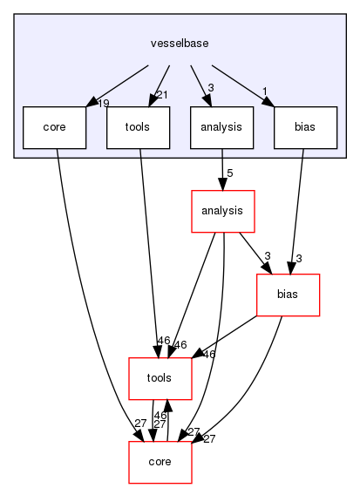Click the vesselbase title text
coord(178,41)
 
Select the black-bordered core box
coord(55,127)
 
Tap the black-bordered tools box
coord(138,127)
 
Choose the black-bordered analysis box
coord(221,127)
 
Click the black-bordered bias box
coord(305,127)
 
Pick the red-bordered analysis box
coord(222,212)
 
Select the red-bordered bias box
coord(288,295)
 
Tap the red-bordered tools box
coord(160,378)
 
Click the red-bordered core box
coord(160,462)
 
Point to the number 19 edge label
coord(103,104)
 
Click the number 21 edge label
coord(161,94)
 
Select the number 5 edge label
coord(230,173)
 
